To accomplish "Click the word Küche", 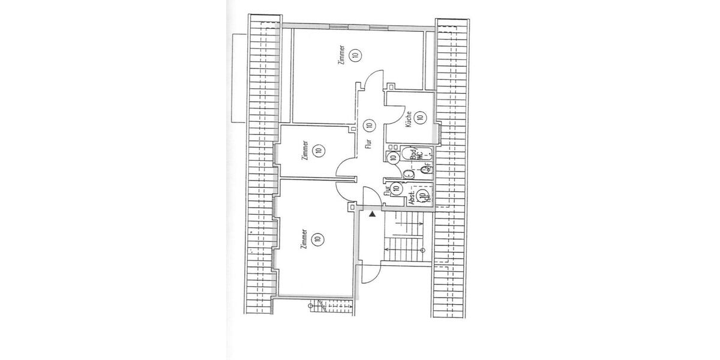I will [x=408, y=119].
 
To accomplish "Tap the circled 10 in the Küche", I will [x=420, y=118].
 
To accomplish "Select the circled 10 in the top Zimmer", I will [x=355, y=56].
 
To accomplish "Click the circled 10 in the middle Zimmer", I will [x=317, y=151].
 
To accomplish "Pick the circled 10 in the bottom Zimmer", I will [x=317, y=239].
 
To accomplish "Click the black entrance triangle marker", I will [x=372, y=213].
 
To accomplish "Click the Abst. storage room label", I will [x=412, y=198].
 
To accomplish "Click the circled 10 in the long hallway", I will [x=368, y=125].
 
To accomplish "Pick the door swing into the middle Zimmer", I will [x=347, y=168].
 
